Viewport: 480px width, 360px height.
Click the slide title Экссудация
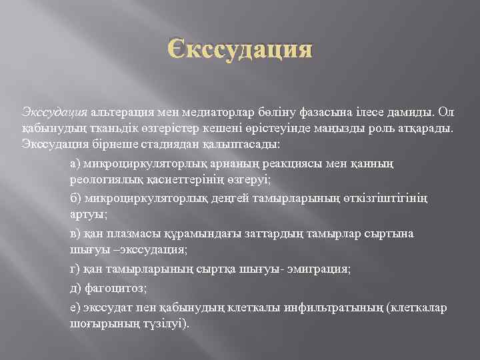(239, 51)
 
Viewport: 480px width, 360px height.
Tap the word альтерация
(119, 110)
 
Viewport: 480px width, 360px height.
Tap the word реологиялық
(101, 180)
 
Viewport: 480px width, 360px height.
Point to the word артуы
(83, 215)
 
